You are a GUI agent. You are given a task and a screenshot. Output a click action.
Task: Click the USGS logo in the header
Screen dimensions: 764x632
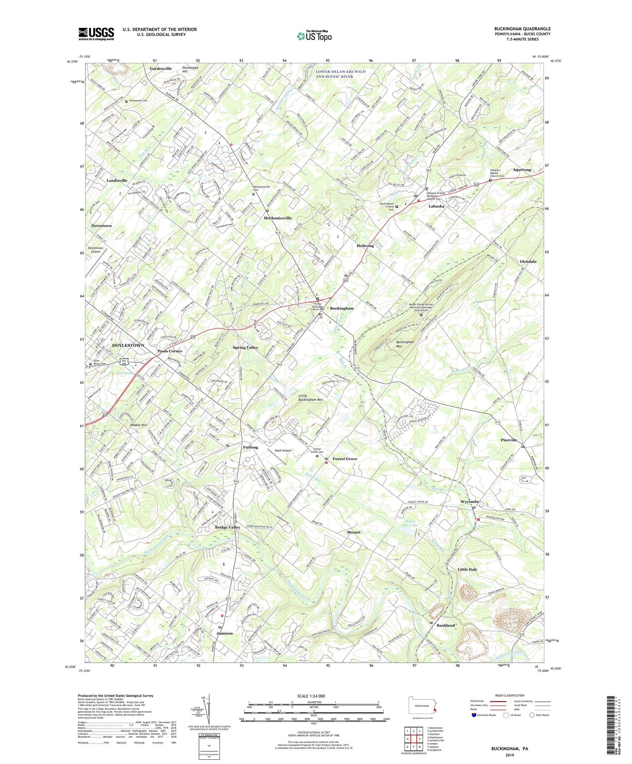[96, 34]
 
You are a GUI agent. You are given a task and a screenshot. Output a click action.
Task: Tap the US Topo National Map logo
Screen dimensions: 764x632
[314, 36]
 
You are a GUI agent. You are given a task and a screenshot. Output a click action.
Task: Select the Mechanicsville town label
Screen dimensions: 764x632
[278, 218]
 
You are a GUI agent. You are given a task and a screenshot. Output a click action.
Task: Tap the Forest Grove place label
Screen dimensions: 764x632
[345, 458]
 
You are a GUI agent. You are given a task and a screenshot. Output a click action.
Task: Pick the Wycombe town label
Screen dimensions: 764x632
[470, 501]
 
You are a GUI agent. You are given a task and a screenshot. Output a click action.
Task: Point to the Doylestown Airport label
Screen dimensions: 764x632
[95, 249]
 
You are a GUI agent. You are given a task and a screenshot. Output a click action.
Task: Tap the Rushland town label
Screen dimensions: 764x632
[445, 625]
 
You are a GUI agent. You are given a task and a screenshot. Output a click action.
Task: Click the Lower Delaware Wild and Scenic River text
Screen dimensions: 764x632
[340, 74]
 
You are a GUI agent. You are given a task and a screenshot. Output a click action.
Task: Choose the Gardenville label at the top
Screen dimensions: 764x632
[161, 68]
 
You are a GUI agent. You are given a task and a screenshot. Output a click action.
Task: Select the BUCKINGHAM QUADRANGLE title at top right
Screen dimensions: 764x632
[522, 29]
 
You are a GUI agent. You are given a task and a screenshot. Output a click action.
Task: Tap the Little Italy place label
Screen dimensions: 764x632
[467, 569]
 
